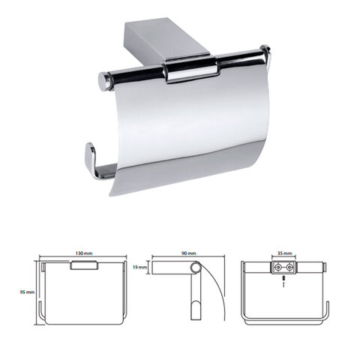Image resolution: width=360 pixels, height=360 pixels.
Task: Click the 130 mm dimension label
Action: [x=84, y=253]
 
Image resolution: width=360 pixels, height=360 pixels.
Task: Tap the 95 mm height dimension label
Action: [x=27, y=292]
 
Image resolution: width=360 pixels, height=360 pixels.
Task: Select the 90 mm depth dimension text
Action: [x=188, y=253]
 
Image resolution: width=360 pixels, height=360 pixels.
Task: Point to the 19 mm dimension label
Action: [x=139, y=268]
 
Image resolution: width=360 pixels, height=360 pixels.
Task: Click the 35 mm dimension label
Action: [x=284, y=253]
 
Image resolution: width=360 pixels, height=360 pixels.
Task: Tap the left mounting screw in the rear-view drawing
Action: [x=277, y=268]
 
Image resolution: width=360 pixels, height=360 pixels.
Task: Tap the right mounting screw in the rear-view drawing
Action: [x=289, y=268]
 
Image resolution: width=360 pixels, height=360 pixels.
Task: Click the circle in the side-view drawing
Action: [x=196, y=268]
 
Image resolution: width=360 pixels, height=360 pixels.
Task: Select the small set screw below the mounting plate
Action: [x=283, y=278]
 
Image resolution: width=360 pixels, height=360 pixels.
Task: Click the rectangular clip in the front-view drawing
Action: [x=84, y=265]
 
